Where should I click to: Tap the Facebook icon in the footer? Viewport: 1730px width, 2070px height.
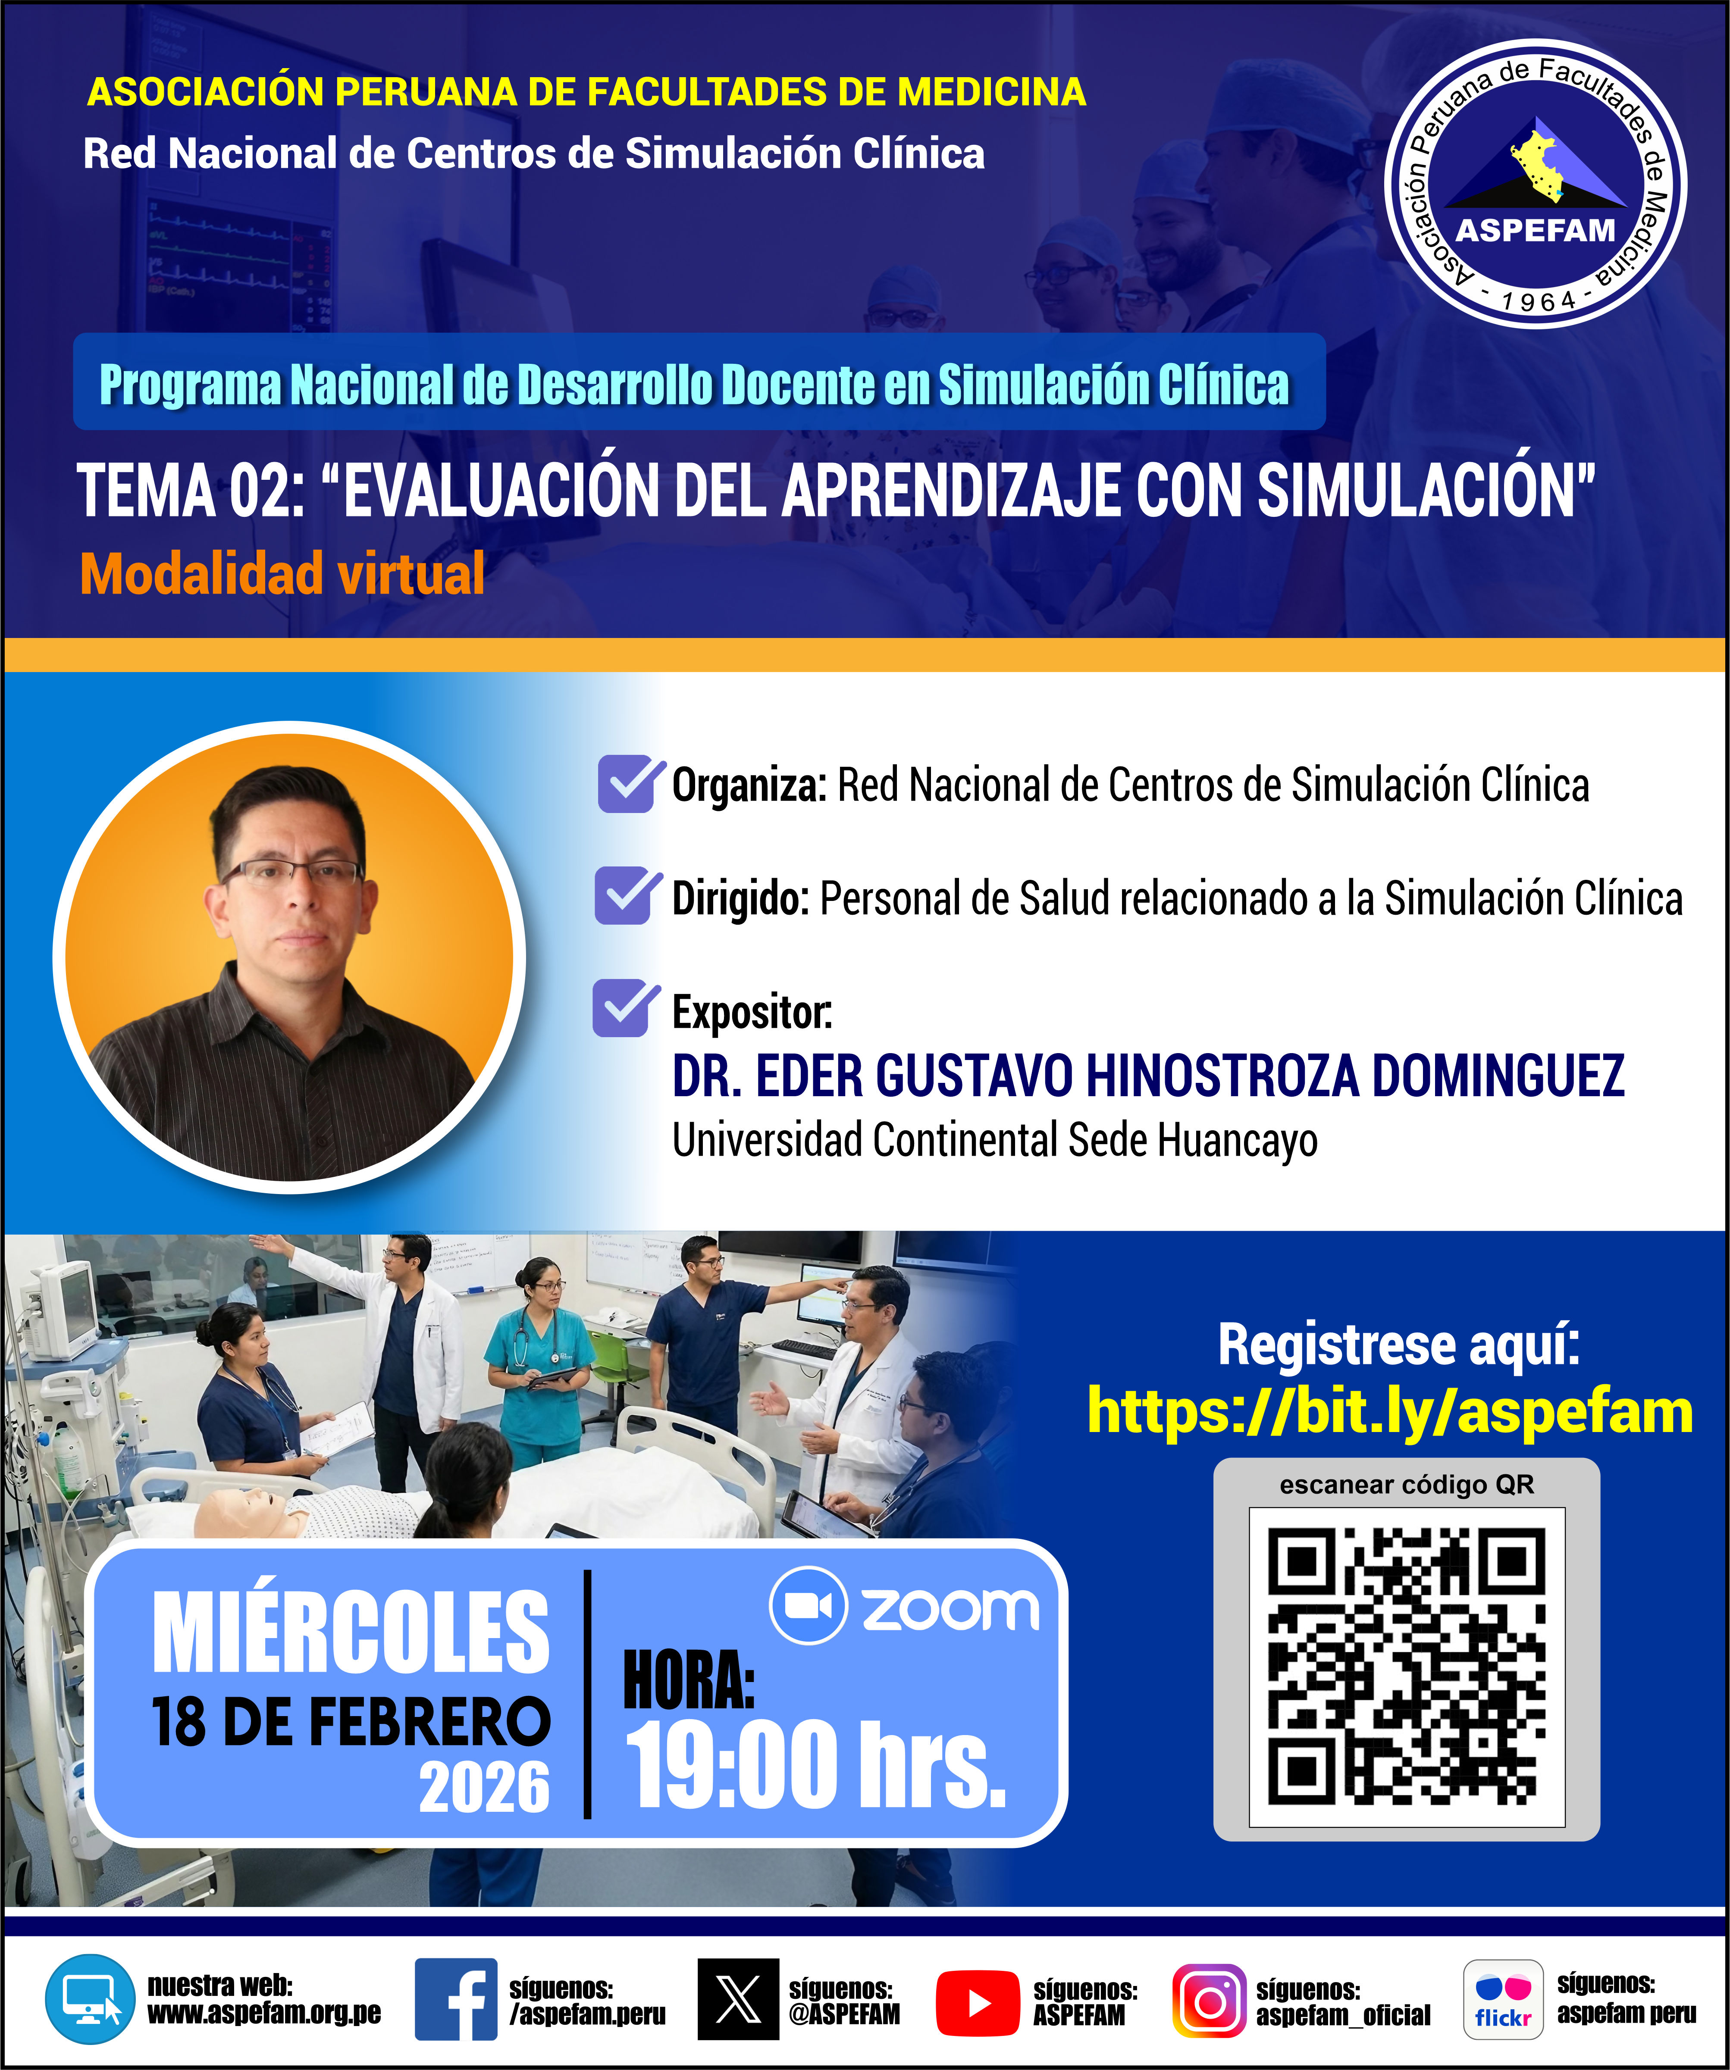(x=455, y=1999)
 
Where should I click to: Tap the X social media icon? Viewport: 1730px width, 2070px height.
(x=737, y=1999)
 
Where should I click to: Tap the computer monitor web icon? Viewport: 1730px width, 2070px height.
(x=90, y=1999)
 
